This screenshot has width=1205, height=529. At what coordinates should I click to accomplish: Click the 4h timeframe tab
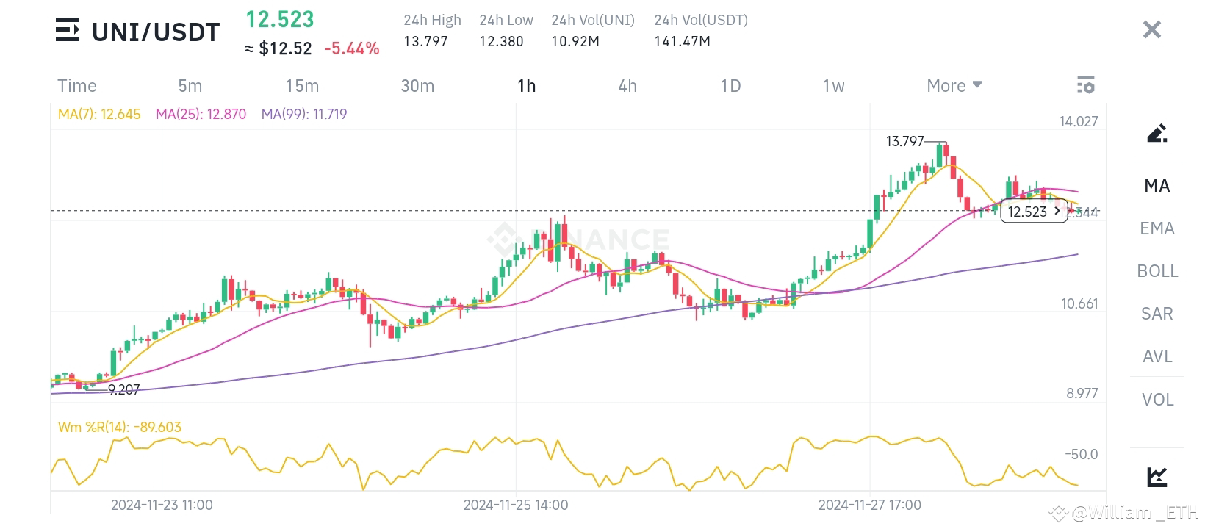pos(627,86)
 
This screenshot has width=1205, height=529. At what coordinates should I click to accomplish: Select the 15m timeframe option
pos(302,86)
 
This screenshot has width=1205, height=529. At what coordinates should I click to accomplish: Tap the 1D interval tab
pos(730,86)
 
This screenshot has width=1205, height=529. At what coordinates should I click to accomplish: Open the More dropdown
pos(954,86)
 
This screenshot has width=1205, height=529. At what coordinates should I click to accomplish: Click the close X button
pos(1151,29)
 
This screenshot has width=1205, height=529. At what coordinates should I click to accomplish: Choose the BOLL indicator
pos(1157,271)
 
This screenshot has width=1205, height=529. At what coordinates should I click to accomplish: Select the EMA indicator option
pos(1157,228)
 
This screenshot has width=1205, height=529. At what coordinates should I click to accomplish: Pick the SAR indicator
pos(1157,314)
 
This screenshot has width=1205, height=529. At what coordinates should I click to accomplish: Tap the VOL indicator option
pos(1157,400)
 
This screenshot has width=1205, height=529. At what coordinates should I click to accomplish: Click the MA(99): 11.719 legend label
pos(304,114)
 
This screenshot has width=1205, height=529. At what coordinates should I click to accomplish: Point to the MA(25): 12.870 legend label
pos(201,114)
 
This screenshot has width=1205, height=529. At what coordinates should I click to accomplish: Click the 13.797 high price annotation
pos(904,141)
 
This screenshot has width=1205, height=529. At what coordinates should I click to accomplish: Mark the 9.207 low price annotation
pos(123,390)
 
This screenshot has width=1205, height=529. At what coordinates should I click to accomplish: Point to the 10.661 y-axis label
pos(1079,303)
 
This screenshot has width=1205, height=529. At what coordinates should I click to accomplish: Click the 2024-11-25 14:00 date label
pos(515,505)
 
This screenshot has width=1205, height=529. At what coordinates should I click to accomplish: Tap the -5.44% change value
pos(352,48)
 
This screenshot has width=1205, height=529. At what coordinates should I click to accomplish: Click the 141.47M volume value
pos(682,42)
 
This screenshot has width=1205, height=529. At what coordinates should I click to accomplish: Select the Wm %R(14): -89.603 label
pos(119,427)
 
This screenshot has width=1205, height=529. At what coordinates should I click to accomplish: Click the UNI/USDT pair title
pos(155,32)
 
